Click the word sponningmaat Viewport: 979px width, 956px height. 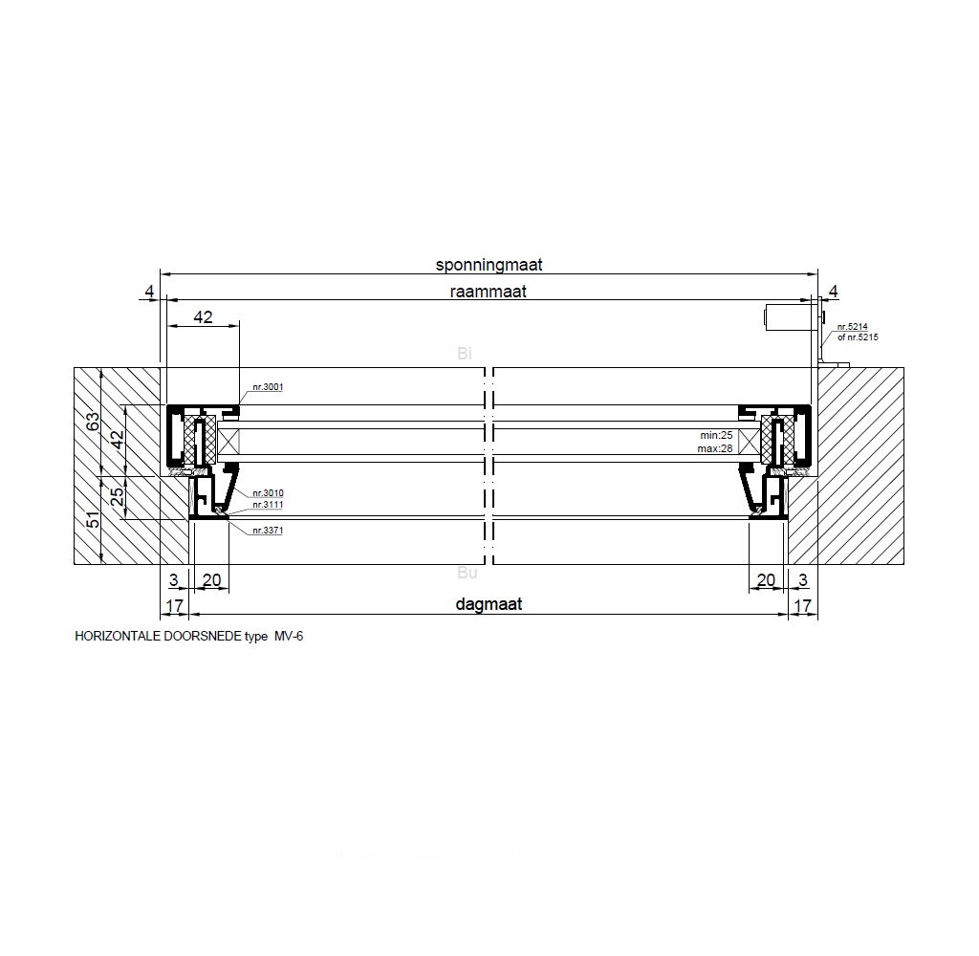[489, 265]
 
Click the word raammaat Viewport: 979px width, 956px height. [489, 292]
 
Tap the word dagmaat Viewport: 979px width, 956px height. [489, 604]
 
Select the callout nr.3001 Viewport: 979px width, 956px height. [268, 387]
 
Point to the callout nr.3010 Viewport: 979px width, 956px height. [268, 493]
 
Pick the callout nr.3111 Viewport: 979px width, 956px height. [268, 505]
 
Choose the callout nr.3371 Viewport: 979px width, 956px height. [268, 531]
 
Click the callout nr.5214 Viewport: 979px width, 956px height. [852, 327]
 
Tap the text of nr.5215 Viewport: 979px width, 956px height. [858, 337]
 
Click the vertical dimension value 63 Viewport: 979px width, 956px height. [93, 422]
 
